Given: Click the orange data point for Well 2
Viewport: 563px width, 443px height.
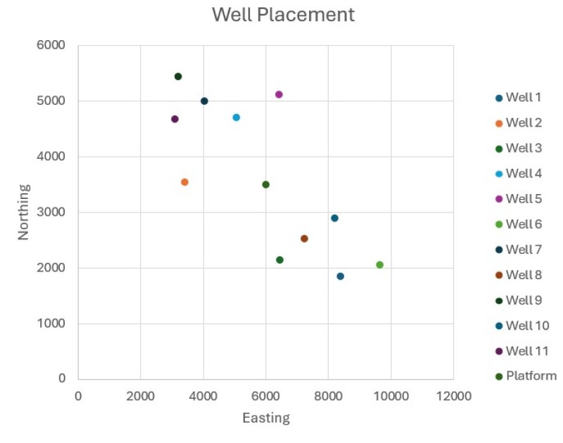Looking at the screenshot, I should click(x=184, y=182).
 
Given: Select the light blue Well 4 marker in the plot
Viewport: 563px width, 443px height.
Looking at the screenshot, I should click(x=236, y=117).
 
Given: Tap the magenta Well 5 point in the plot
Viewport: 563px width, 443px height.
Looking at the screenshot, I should click(x=279, y=94).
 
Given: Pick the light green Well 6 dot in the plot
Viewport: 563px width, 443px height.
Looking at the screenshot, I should click(x=380, y=265).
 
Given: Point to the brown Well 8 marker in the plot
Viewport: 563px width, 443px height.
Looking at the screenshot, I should click(x=304, y=238).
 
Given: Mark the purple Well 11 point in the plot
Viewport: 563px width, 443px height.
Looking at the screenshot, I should click(x=175, y=119).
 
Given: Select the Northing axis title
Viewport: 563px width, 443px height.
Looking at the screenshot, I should click(x=24, y=212).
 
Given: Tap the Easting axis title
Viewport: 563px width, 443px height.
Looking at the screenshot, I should click(x=266, y=418).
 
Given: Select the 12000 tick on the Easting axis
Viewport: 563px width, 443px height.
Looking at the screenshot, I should click(x=453, y=396).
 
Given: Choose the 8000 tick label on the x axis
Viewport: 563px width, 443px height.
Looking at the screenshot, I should click(x=328, y=396).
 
